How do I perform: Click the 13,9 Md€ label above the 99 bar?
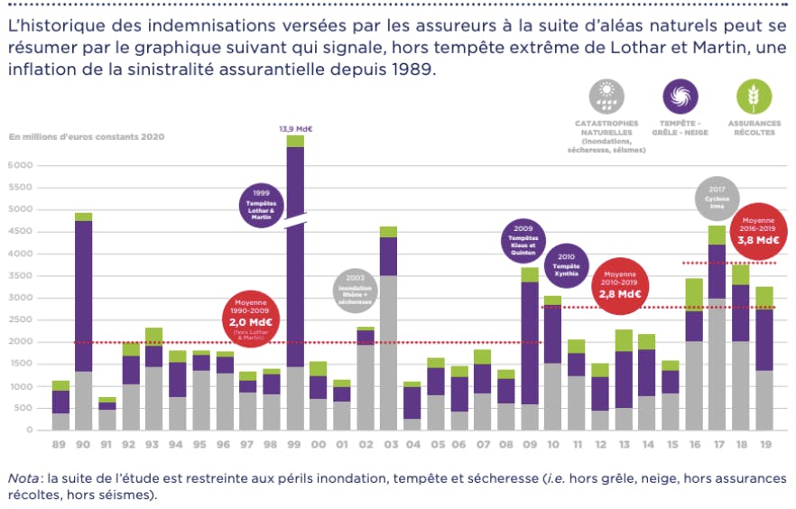point(296,129)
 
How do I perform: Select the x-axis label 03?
point(388,445)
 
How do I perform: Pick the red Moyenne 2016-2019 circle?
point(760,230)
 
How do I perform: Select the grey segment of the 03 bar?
point(388,352)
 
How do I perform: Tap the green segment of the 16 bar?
point(694,295)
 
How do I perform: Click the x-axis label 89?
point(60,445)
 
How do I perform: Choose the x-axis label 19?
point(764,445)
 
